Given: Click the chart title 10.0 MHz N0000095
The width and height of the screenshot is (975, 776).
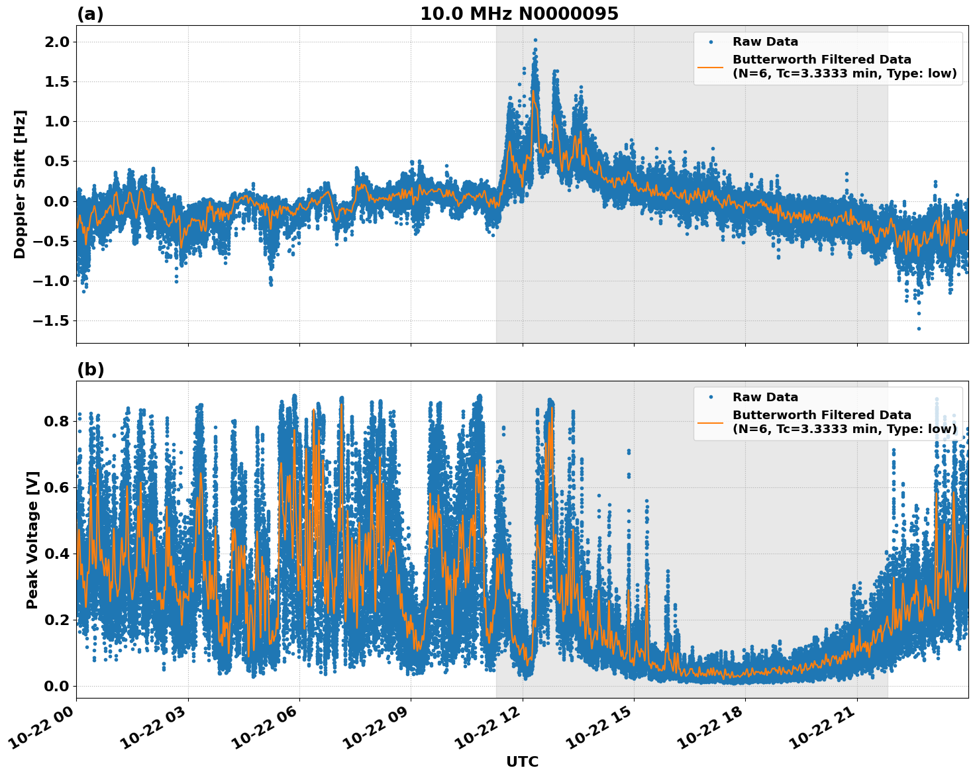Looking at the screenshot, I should point(519,14).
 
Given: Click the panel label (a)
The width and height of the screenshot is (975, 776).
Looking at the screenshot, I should point(90,14).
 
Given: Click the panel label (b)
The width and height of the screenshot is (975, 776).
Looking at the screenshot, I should point(90,369).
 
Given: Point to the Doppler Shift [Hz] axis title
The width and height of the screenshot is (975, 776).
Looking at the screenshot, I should point(20,184).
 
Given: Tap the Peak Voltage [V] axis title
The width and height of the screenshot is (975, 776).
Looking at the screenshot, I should point(32,540).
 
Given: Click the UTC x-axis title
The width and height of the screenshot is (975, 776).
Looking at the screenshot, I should point(522,761).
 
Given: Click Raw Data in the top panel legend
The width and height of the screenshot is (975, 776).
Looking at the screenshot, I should point(765,42).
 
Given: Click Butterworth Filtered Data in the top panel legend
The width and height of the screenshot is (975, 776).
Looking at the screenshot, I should point(821,60).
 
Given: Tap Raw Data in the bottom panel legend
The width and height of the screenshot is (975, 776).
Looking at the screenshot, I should point(765,397).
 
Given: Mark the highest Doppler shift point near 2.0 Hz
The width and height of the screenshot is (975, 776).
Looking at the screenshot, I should point(535,40).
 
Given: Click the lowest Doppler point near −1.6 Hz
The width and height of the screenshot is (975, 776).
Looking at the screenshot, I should point(919,328).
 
